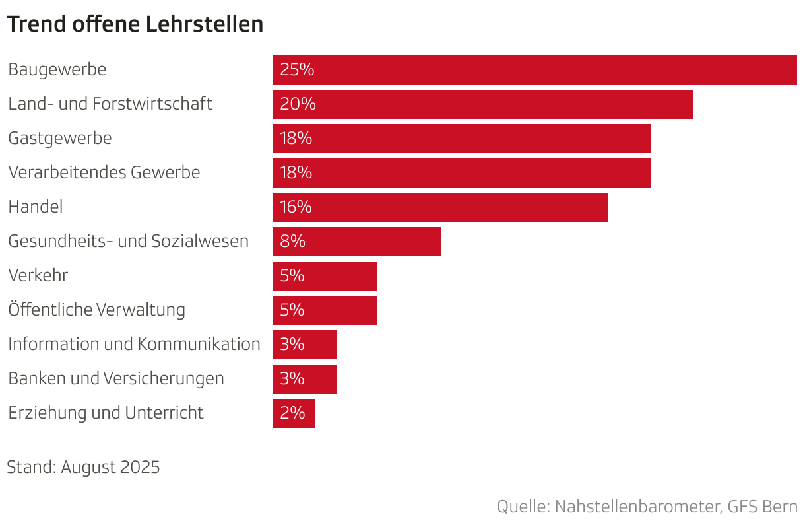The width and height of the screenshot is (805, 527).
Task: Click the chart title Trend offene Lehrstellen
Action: (135, 24)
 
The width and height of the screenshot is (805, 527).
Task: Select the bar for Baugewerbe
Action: (534, 70)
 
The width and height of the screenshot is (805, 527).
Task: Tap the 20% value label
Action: (298, 104)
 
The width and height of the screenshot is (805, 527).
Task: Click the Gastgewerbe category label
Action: (60, 139)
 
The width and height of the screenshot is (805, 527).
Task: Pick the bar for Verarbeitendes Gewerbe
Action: (462, 173)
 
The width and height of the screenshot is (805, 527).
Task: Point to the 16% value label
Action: (296, 207)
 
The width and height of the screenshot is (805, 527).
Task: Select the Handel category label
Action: (36, 207)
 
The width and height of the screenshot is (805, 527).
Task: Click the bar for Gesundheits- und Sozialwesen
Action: (356, 242)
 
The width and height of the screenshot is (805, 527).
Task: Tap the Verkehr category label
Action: (38, 275)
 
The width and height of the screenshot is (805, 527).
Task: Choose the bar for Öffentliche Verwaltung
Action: (325, 310)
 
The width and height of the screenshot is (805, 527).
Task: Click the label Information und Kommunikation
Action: (134, 344)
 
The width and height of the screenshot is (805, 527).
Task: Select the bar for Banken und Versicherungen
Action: (304, 379)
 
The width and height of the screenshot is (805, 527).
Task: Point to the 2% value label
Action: (292, 413)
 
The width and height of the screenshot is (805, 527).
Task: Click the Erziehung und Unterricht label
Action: (106, 413)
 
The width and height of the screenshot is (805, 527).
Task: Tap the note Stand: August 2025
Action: (83, 467)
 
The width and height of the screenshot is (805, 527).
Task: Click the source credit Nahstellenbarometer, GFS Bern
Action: (647, 507)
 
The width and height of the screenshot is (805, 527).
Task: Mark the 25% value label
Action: (297, 70)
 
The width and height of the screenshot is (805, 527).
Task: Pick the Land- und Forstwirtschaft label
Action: (110, 104)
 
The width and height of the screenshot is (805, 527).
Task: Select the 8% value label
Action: (292, 242)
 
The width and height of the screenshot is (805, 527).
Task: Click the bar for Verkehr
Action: (325, 276)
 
